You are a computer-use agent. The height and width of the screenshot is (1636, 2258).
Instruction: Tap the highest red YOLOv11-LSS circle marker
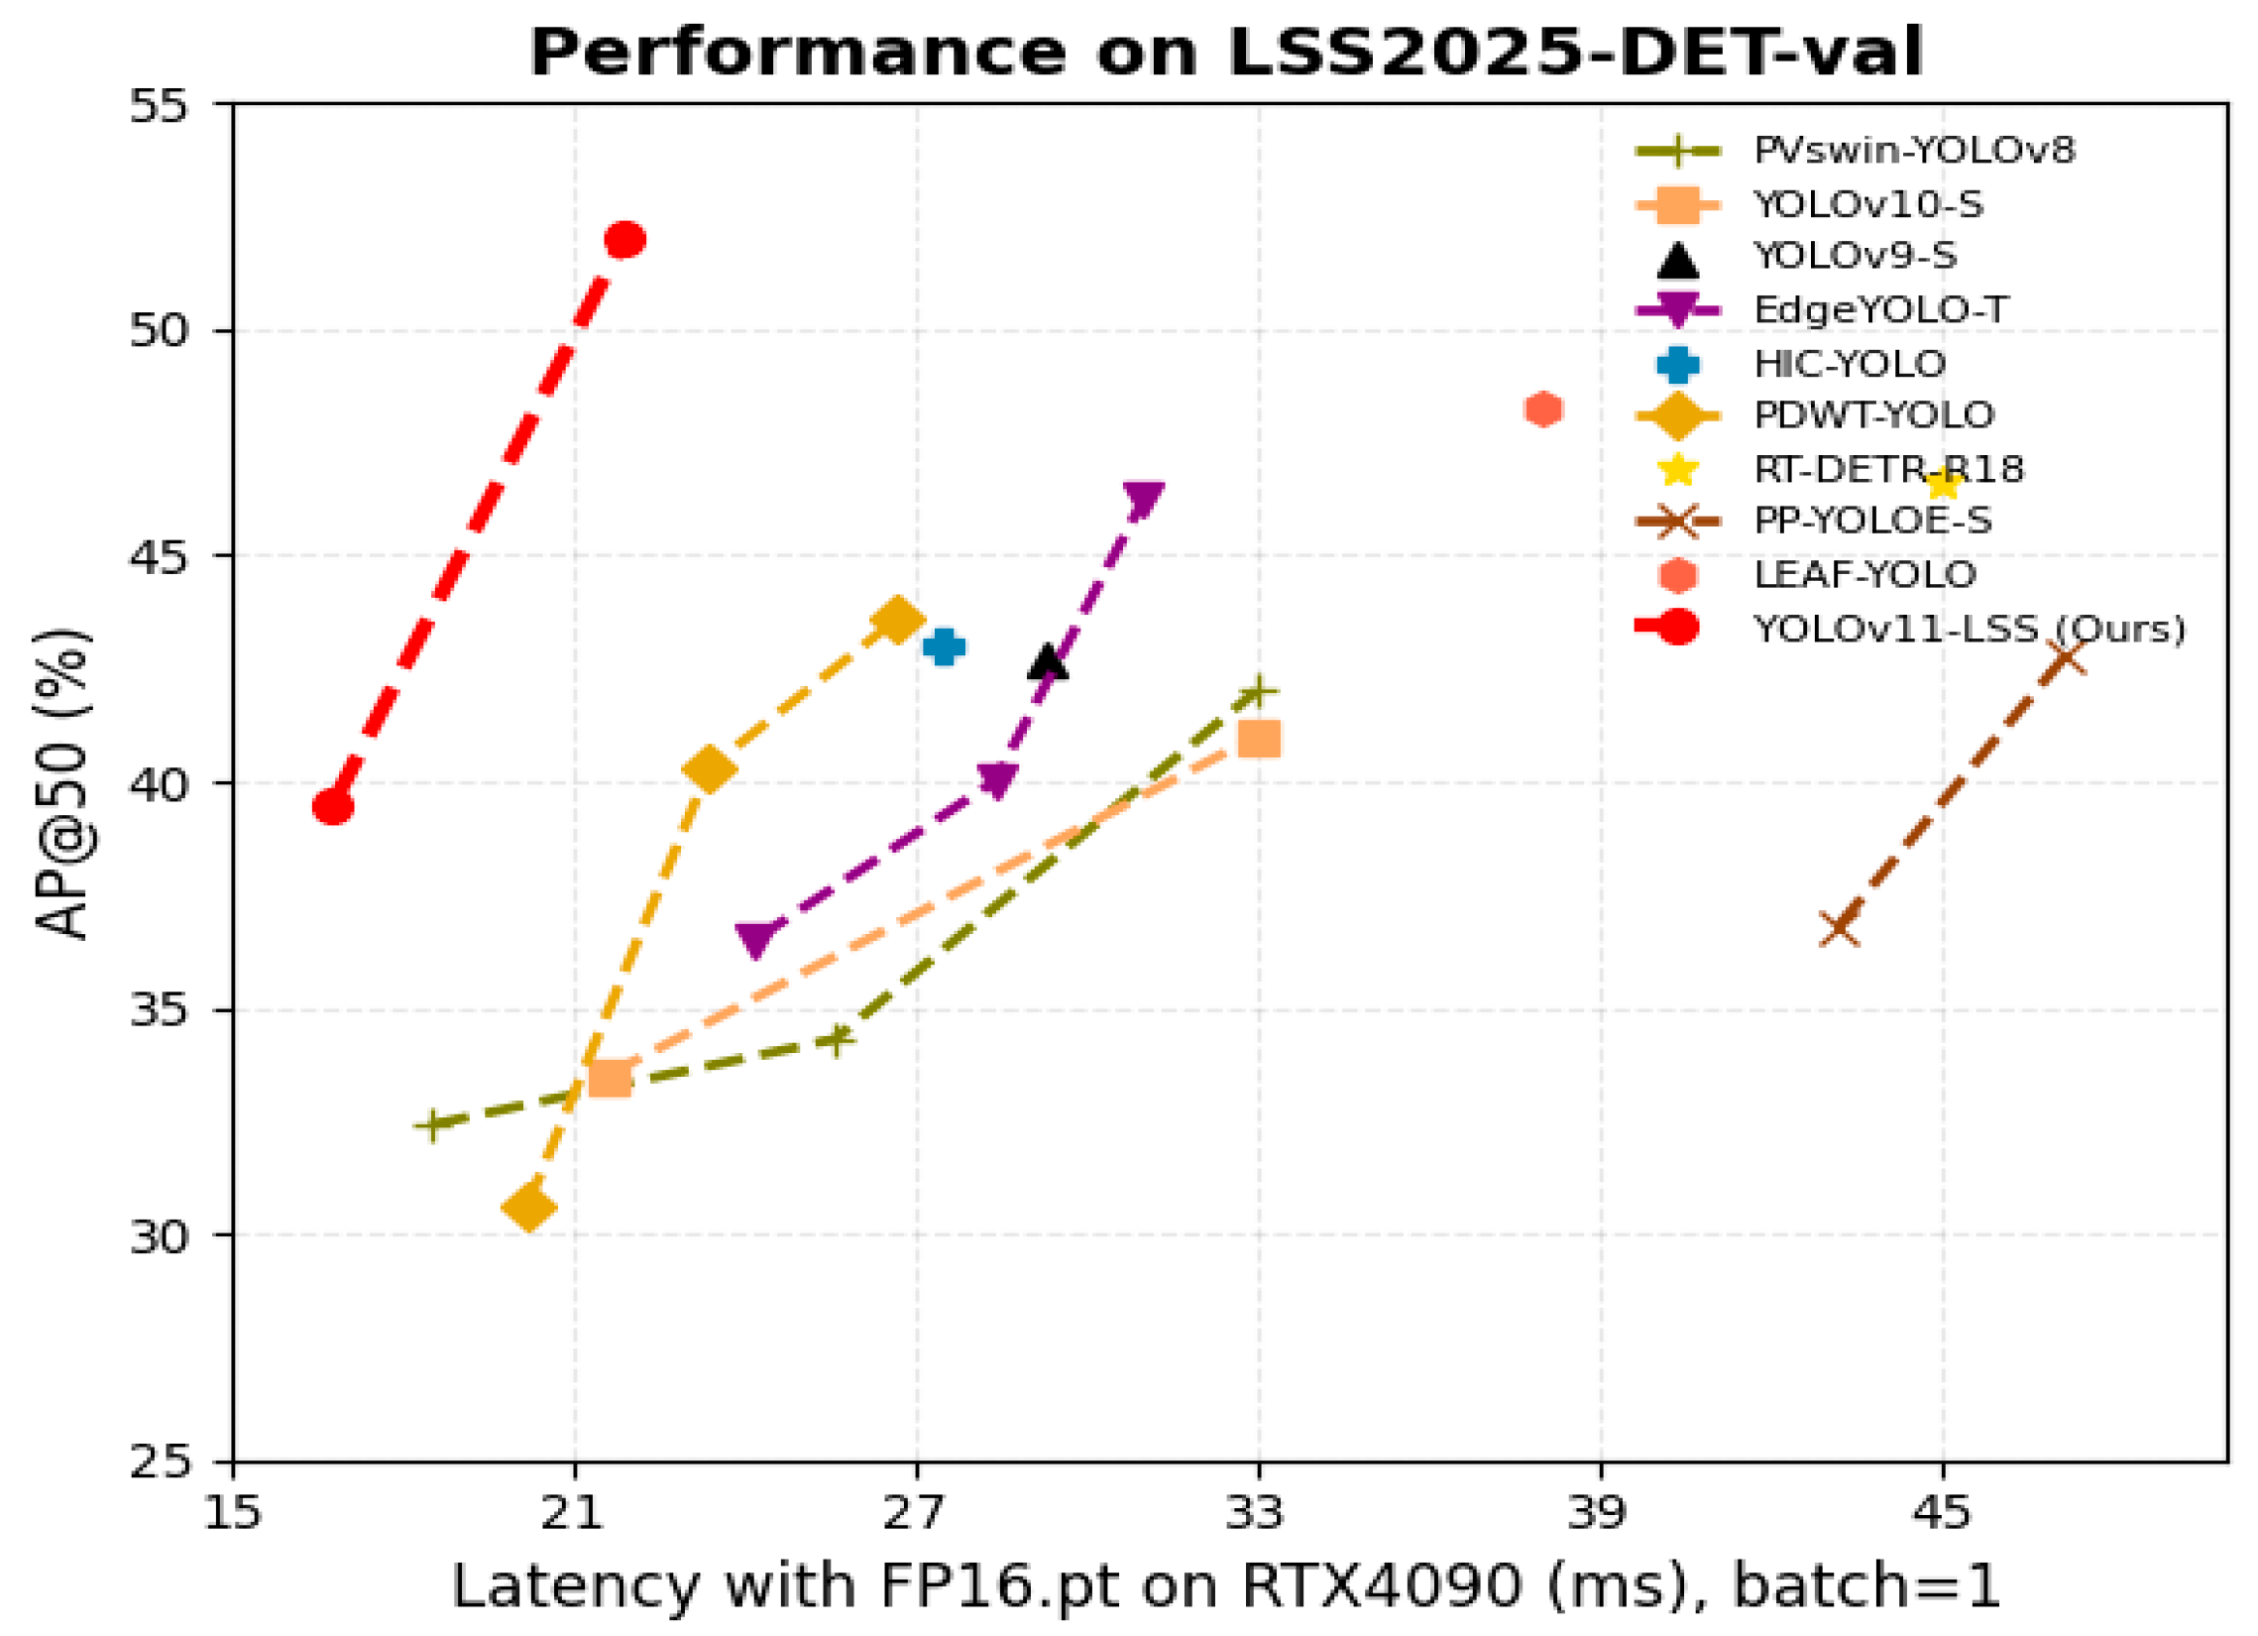[625, 240]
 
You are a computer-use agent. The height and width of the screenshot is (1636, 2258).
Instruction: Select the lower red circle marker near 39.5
[333, 806]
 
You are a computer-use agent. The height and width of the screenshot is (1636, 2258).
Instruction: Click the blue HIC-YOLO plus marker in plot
[944, 646]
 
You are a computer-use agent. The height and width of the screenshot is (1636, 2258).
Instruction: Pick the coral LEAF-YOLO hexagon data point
[1543, 409]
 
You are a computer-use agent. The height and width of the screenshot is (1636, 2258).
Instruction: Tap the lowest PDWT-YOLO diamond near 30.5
[528, 1208]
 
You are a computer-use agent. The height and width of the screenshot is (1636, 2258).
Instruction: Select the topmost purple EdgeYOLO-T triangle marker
[1143, 499]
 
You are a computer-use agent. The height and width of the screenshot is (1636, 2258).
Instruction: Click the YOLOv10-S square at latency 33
[1260, 740]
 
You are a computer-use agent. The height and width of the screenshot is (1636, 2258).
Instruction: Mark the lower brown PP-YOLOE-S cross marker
[1840, 929]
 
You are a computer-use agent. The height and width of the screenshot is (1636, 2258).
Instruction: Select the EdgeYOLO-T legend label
[1880, 309]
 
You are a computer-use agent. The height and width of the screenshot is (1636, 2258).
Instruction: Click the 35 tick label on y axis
[160, 1009]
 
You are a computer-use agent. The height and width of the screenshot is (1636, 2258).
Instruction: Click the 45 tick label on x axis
[1942, 1513]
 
